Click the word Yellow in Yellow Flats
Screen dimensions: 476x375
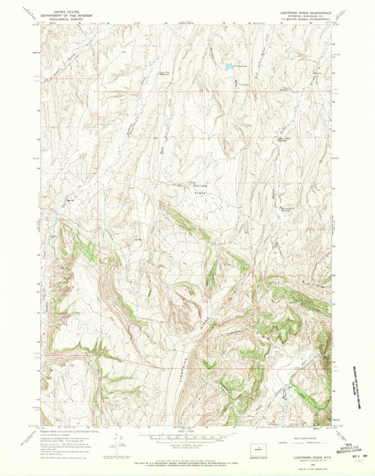pos(202,185)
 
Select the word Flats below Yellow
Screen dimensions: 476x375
pos(204,192)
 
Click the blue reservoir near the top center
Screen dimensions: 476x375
pos(229,67)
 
